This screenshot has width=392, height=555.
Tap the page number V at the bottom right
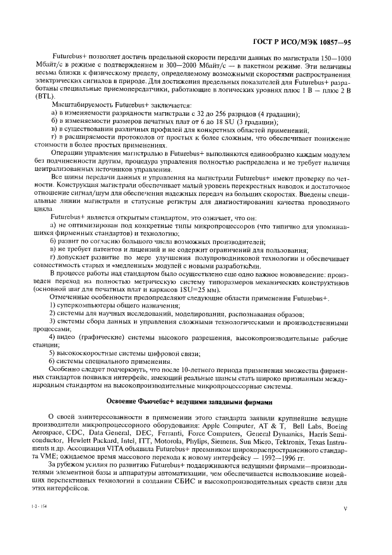[x=345, y=508]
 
